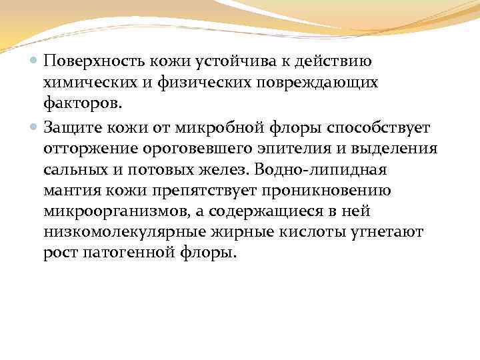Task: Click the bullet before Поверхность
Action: point(35,61)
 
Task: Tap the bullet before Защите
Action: point(35,125)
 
